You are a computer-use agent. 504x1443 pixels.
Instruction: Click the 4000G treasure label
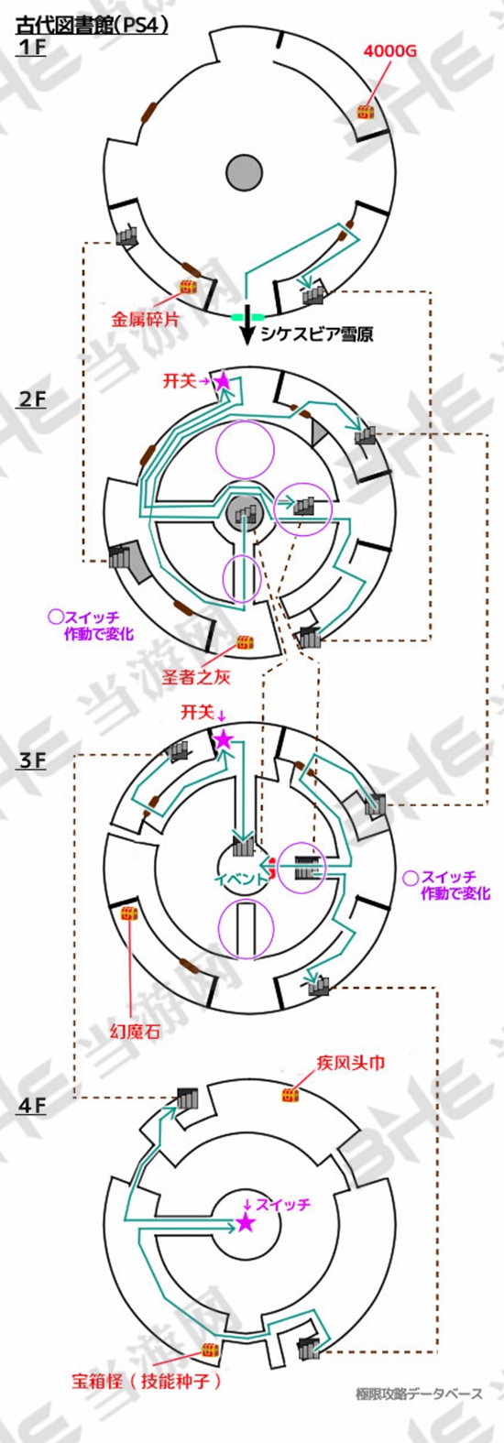coord(390,51)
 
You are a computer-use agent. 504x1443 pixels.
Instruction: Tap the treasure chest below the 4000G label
coord(366,112)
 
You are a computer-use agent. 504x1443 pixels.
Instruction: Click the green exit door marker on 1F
coord(247,317)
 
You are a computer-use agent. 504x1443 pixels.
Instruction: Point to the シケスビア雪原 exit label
coord(316,334)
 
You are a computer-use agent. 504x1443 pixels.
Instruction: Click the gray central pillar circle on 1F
coord(244,173)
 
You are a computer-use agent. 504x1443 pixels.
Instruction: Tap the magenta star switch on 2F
coord(222,381)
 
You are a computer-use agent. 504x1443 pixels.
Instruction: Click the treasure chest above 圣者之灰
coord(244,642)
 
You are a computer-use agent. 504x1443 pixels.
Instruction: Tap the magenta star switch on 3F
coord(223,739)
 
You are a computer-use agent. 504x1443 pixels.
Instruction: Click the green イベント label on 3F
coord(240,880)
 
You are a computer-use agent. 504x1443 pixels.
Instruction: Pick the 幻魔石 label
coord(135,1032)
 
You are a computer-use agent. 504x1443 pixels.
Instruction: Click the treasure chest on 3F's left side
coord(129,913)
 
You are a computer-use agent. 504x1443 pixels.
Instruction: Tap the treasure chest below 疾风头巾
coord(290,1095)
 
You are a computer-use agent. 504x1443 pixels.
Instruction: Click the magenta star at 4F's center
coord(245,1223)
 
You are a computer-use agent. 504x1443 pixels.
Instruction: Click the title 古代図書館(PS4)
coord(92,25)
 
